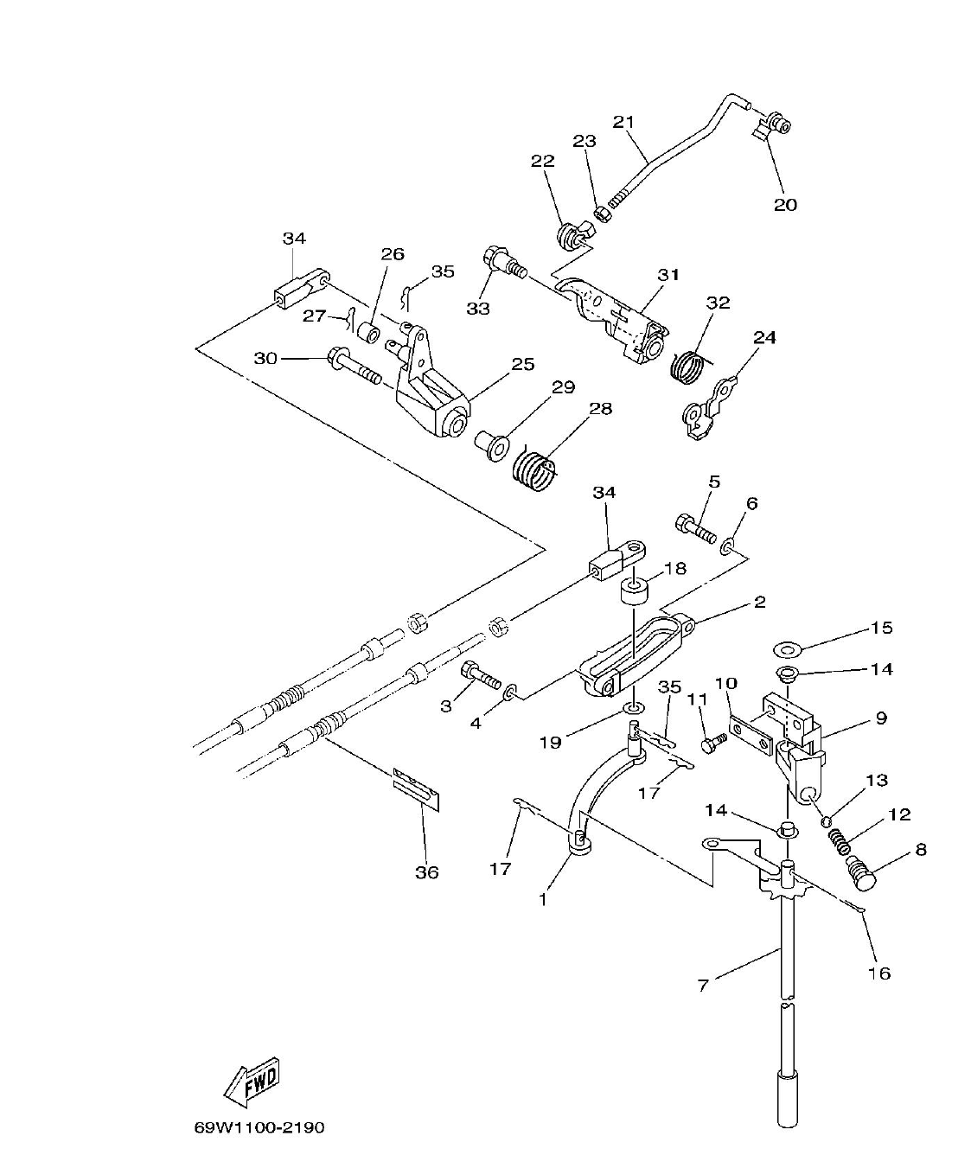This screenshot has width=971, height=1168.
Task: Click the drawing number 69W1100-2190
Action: pyautogui.click(x=259, y=1127)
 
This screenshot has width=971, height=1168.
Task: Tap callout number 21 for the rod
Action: pyautogui.click(x=623, y=121)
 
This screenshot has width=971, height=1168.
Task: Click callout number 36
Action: pyautogui.click(x=426, y=872)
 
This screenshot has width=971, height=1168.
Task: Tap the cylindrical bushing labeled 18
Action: pyautogui.click(x=634, y=596)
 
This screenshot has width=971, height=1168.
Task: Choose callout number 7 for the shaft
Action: pyautogui.click(x=703, y=984)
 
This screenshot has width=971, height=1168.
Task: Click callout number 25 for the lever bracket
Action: pyautogui.click(x=522, y=364)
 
